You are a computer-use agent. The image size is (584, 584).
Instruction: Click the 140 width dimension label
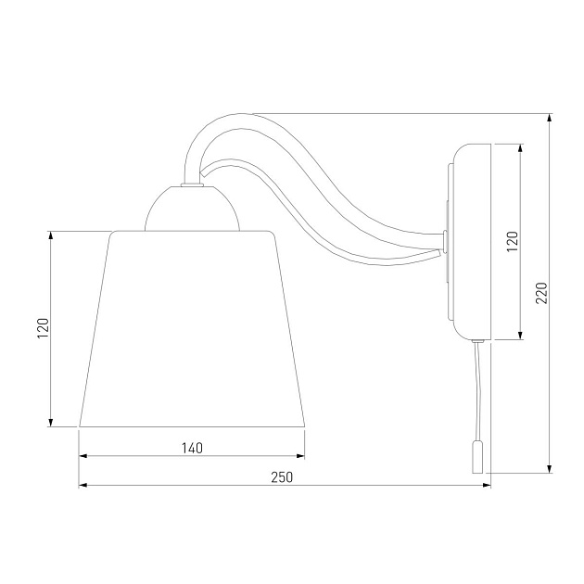192,448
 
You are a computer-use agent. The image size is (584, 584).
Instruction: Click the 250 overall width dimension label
282,477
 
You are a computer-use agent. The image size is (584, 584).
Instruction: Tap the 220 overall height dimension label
542,293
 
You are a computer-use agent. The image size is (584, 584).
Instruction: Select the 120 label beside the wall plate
513,241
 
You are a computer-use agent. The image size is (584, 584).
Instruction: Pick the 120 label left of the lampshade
44,328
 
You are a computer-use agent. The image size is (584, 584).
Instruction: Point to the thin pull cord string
477,391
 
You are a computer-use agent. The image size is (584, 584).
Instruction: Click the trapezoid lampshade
192,329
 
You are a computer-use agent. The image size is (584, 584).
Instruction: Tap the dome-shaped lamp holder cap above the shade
192,209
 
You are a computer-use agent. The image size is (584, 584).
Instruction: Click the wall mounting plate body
472,242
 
